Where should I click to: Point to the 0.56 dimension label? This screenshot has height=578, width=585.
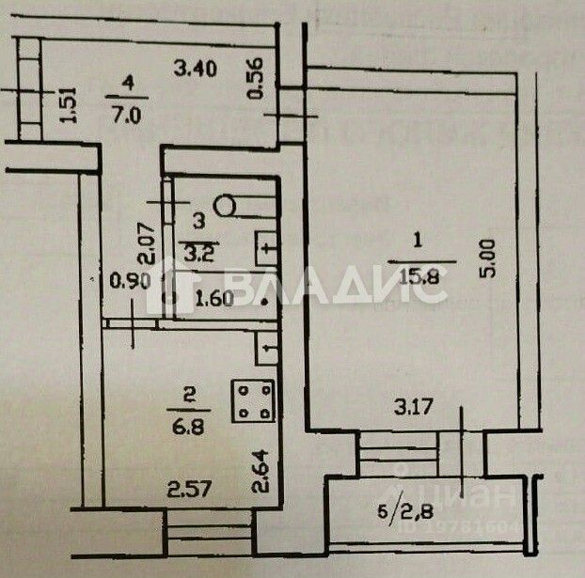coord(255,81)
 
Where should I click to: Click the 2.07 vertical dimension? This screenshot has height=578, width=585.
coord(145,242)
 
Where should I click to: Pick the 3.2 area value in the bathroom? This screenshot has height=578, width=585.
coord(196,251)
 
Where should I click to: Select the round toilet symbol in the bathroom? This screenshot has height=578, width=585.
coord(226,202)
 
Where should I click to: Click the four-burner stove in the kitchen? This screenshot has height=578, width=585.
coord(252,398)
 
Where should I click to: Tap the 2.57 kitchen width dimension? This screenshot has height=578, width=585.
coord(185,488)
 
